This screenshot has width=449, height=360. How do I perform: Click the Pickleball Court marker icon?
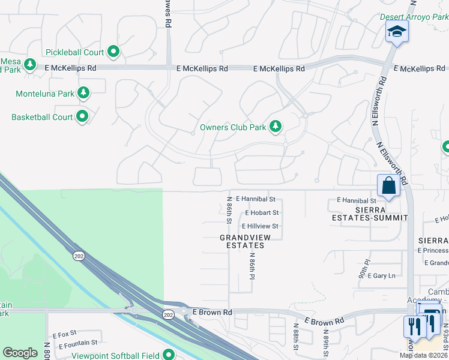(113, 52)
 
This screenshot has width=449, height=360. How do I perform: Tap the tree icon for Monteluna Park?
(83, 93)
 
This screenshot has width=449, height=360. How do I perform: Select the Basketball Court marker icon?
(82, 117)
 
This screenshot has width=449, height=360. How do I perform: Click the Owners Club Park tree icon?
(276, 127)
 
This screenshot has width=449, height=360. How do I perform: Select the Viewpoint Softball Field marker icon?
(169, 355)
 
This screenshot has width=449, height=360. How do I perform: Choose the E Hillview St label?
(259, 226)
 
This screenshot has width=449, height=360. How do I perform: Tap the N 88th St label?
(297, 339)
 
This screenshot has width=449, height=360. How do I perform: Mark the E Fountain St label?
(78, 343)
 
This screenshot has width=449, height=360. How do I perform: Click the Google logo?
(20, 353)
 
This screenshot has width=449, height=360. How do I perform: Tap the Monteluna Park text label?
(44, 94)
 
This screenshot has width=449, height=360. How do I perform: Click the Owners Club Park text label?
(233, 127)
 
